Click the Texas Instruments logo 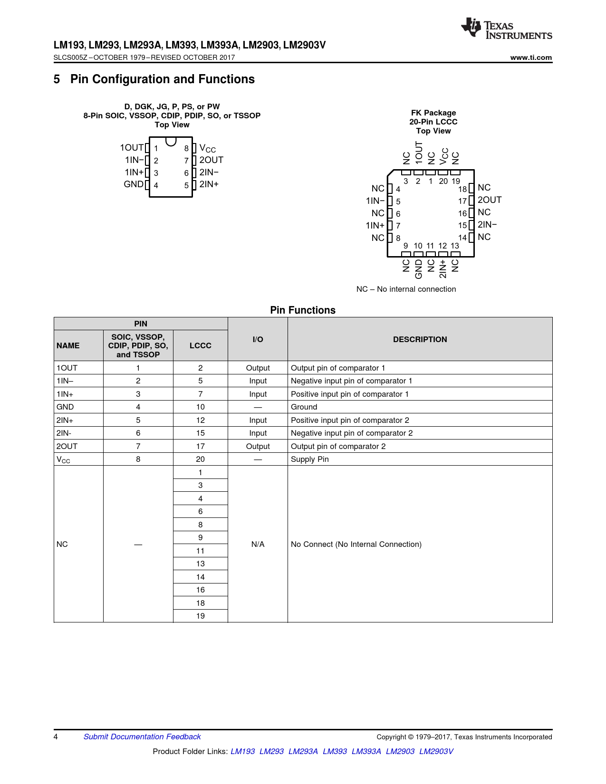(506, 29)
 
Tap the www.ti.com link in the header (531, 57)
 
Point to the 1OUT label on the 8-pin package (131, 148)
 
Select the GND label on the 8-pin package (133, 184)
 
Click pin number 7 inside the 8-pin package (186, 161)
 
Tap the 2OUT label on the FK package (490, 200)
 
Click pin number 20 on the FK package (443, 181)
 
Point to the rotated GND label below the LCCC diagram (419, 269)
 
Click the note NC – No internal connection (406, 289)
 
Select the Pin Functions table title (303, 310)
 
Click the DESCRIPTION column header (420, 339)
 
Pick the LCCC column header (200, 345)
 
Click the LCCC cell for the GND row (200, 407)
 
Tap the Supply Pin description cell (310, 459)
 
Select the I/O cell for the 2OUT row (258, 447)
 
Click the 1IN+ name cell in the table (65, 394)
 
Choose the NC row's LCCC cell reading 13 (200, 564)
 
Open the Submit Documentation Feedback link (142, 736)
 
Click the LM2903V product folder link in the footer (436, 751)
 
